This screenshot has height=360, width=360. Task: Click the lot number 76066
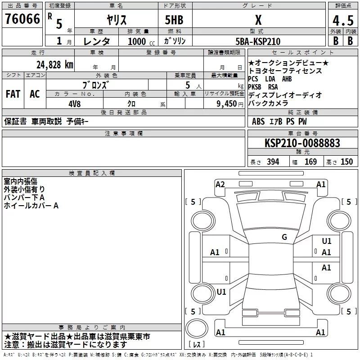(22, 19)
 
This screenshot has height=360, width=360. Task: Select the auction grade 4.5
(343, 20)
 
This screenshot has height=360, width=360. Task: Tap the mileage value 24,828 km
(55, 65)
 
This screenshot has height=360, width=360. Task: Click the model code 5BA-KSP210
(258, 41)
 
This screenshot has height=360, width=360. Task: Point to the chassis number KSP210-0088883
(302, 143)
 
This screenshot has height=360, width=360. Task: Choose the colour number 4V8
(75, 104)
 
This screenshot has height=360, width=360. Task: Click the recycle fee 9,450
(227, 104)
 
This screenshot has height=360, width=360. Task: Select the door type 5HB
(174, 20)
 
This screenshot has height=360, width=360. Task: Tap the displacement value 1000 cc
(141, 41)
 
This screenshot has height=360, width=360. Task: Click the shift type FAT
(13, 94)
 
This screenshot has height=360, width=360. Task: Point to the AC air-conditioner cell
(35, 94)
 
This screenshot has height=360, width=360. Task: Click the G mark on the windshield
(284, 237)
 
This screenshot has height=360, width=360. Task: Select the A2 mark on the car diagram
(220, 184)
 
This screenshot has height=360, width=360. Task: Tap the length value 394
(273, 162)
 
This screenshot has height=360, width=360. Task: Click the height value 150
(346, 162)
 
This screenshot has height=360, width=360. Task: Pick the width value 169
(310, 162)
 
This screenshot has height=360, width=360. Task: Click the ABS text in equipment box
(258, 121)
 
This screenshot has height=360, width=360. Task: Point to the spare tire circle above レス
(197, 328)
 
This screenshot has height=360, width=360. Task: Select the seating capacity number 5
(188, 85)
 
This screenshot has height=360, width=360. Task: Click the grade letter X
(258, 20)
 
